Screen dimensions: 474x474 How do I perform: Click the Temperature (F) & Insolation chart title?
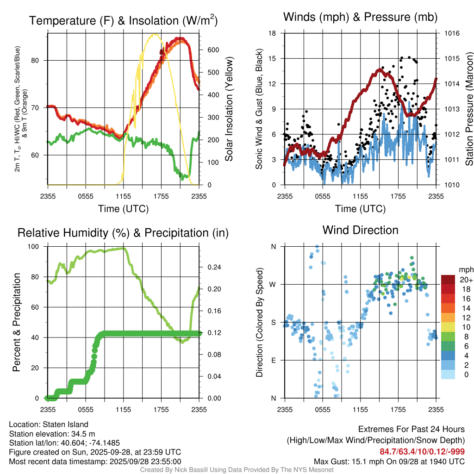[x=123, y=20]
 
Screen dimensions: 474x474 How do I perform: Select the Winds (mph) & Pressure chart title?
[x=360, y=17]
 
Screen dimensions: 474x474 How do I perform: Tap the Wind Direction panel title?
[x=360, y=230]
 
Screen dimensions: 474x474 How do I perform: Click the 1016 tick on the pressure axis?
[x=451, y=33]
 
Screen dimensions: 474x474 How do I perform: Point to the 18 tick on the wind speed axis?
[x=273, y=33]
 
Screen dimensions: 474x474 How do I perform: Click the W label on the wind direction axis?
[x=274, y=285]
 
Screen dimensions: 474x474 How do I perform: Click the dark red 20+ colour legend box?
[x=448, y=280]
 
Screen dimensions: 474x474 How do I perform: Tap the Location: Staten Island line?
[x=49, y=424]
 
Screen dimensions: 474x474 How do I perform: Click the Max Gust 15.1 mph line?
[x=389, y=461]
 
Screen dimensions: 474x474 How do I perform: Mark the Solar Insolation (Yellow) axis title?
[x=229, y=109]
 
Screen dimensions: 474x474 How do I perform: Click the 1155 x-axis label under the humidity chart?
[x=123, y=410]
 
